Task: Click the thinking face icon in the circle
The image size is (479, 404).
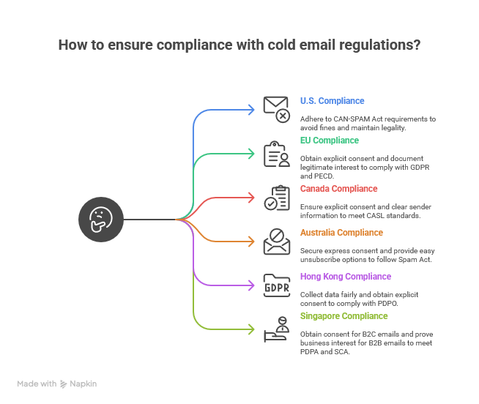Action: pyautogui.click(x=100, y=219)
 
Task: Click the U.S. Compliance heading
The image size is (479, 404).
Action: pyautogui.click(x=332, y=101)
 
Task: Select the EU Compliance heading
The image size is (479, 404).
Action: pyautogui.click(x=330, y=141)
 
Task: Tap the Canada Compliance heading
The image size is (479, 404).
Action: pyautogui.click(x=339, y=189)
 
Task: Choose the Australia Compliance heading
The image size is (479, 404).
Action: pyautogui.click(x=341, y=233)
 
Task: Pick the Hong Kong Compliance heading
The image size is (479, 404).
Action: pyautogui.click(x=345, y=277)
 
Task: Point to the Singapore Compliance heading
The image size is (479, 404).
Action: pyautogui.click(x=344, y=316)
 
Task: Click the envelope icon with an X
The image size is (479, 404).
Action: pyautogui.click(x=277, y=109)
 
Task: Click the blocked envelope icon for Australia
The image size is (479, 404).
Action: pyautogui.click(x=277, y=241)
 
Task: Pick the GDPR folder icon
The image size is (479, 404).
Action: pyautogui.click(x=277, y=285)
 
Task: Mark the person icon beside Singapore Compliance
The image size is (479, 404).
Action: pyautogui.click(x=277, y=329)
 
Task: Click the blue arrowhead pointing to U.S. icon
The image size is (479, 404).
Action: pyautogui.click(x=255, y=110)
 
